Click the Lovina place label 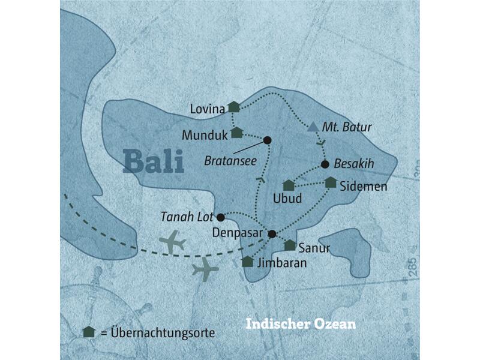tap(206, 109)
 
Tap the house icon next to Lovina tap(234, 107)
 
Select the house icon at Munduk tap(236, 133)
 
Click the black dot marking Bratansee tap(268, 140)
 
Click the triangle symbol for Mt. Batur tap(312, 127)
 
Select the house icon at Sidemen tap(331, 182)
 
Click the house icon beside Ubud tap(289, 185)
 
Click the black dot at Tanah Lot tap(220, 217)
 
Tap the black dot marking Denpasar tap(272, 233)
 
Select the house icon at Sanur tap(290, 245)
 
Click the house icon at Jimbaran tap(247, 262)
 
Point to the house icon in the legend tap(89, 331)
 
